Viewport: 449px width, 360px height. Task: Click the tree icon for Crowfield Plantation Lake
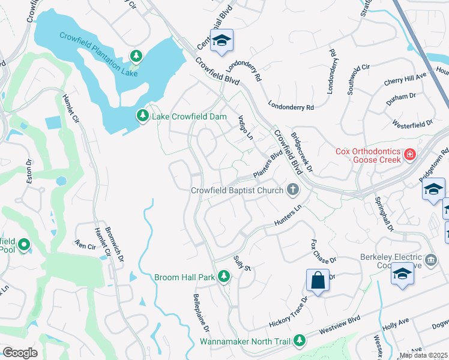pos(137,56)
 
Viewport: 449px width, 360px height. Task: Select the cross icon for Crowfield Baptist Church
pos(293,190)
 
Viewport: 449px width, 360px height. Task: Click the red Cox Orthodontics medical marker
pos(410,155)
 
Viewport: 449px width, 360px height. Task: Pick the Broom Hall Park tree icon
pos(224,276)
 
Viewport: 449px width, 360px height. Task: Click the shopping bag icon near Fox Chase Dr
pos(318,281)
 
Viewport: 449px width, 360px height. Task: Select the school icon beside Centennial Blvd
pos(221,40)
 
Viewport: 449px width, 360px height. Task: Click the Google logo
pos(20,353)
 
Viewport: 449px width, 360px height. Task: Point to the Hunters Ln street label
pos(286,217)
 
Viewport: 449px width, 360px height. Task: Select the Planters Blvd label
pos(268,164)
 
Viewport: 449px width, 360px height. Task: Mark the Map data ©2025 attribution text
pos(424,355)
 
